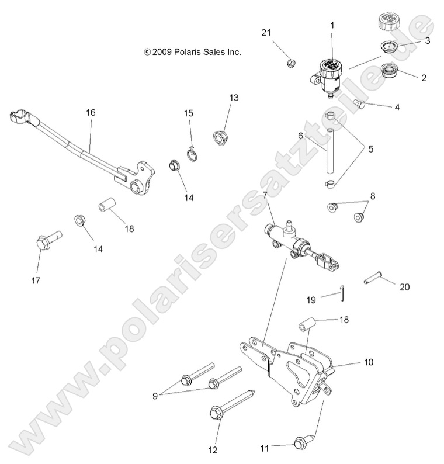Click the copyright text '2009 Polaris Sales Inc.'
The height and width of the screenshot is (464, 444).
[x=192, y=52]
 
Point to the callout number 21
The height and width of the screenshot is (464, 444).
[x=266, y=32]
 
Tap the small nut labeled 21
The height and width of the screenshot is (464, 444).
[x=289, y=63]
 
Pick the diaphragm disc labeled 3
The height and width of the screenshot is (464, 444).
[x=389, y=47]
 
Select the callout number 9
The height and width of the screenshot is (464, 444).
[x=155, y=396]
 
